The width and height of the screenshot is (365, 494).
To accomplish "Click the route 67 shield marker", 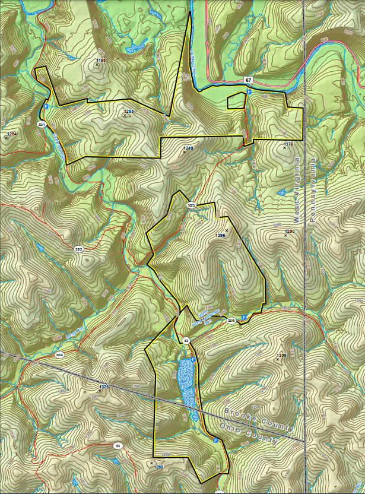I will coord(247,80).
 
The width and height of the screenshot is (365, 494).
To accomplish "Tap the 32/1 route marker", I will coord(42,125).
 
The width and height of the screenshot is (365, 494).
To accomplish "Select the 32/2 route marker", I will coord(78,249).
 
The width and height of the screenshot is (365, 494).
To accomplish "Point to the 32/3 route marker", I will coord(191,205).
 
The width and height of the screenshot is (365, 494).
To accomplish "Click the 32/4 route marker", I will coord(59,355).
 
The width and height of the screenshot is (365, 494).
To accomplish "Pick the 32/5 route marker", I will coord(232,321).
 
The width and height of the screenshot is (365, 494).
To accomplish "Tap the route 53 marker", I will coord(118,445).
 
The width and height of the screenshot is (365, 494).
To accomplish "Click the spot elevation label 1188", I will coord(100,60).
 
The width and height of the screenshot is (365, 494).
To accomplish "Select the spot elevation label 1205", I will coord(129,111).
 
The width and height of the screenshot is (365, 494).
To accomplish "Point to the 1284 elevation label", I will coord(12,134).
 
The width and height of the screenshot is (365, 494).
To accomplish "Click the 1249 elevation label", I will coord(189,148).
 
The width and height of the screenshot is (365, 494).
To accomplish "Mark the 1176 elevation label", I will coord(288,144).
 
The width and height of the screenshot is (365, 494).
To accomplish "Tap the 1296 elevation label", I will coord(221,236).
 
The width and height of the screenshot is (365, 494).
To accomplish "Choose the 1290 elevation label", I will coord(290,231).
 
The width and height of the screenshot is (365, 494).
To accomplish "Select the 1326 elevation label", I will coord(104,387).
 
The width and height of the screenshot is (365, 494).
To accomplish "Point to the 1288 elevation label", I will coord(158,467).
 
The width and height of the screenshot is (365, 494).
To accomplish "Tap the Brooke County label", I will coord(258,419).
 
